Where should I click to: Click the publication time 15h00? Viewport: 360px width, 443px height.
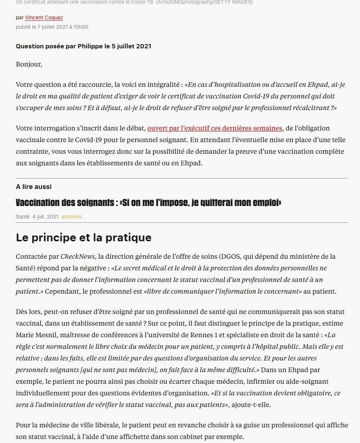tap(80, 27)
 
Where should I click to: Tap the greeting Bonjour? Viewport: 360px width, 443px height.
tap(29, 64)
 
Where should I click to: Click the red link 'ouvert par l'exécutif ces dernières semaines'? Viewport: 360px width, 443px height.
tap(215, 128)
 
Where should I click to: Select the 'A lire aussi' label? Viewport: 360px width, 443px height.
tap(34, 186)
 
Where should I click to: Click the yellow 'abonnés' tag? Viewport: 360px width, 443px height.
tap(72, 217)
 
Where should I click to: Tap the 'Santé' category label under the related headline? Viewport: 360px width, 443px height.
tap(23, 217)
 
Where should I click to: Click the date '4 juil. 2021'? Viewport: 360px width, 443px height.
tap(45, 217)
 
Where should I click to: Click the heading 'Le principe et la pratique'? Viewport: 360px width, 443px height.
tap(84, 237)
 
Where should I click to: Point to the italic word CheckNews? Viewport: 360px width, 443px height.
tap(78, 256)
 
